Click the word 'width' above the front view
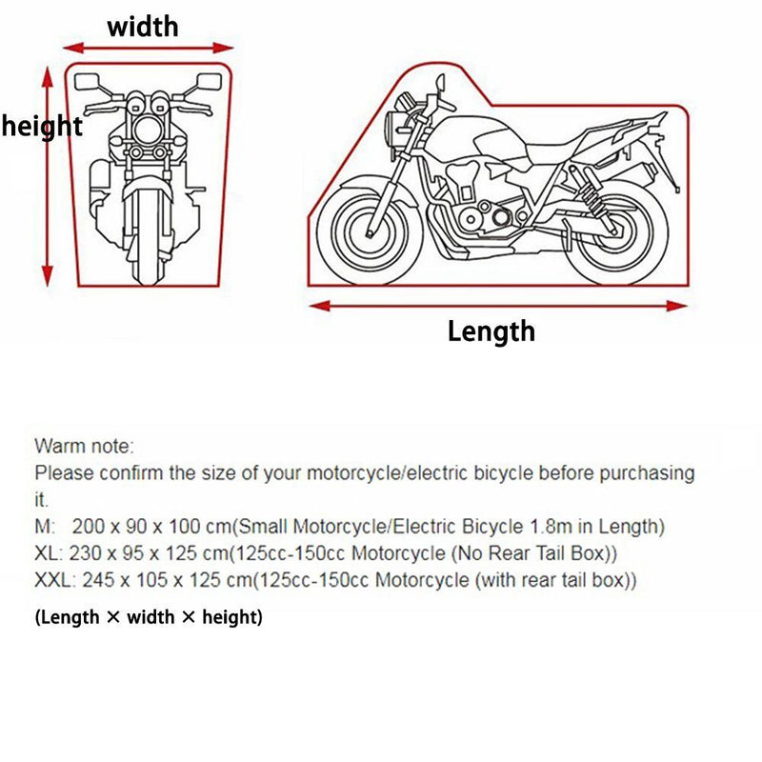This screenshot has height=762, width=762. click(x=143, y=27)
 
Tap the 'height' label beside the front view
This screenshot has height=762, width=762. click(x=42, y=127)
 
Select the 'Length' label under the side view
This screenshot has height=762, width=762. click(x=491, y=331)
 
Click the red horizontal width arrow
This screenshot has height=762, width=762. click(x=149, y=49)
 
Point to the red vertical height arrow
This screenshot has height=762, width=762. click(x=47, y=176)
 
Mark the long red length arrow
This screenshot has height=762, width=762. click(x=498, y=306)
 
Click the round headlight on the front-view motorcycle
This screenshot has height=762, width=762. click(x=148, y=130)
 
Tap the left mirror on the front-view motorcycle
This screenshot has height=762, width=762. click(x=87, y=82)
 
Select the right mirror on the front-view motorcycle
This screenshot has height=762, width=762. click(x=210, y=82)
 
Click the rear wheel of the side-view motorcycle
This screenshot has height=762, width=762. click(x=615, y=232)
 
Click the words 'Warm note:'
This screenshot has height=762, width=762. click(x=84, y=446)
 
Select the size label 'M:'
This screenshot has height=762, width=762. click(x=45, y=527)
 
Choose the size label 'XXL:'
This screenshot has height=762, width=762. click(x=55, y=580)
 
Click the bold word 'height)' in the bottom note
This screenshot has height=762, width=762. click(x=232, y=617)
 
